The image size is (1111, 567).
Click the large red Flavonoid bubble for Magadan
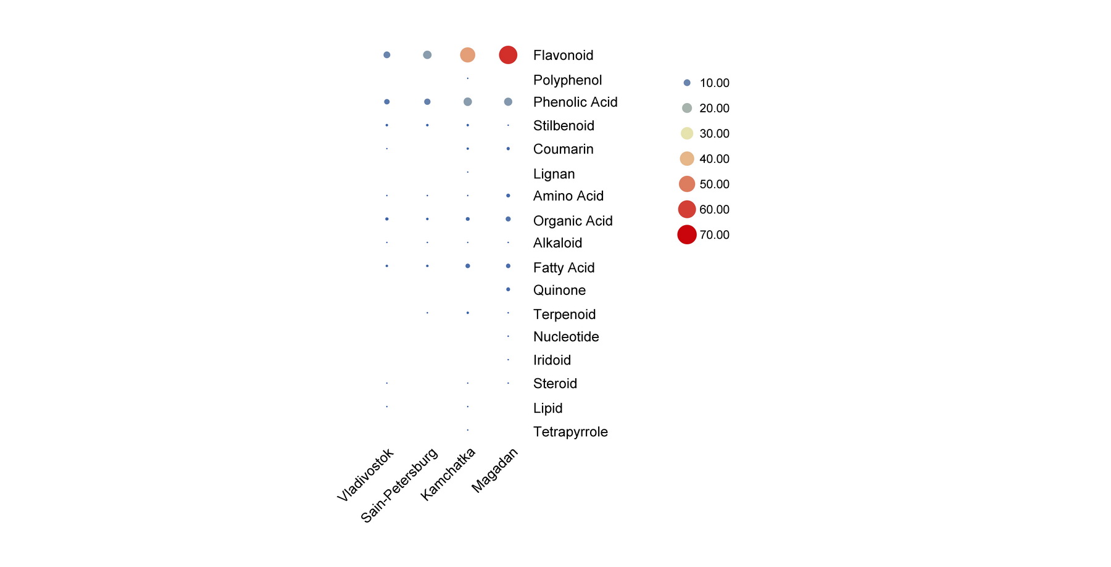[508, 55]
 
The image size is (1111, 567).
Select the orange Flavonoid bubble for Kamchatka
[468, 55]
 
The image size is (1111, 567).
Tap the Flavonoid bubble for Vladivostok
[387, 55]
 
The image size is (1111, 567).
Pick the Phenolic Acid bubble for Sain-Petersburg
[427, 102]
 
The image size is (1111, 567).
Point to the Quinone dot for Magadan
[508, 289]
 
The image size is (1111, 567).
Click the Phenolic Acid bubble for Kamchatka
[468, 102]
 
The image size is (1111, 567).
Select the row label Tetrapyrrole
[570, 432]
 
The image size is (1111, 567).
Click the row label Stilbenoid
[564, 126]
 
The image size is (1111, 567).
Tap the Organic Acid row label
[573, 221]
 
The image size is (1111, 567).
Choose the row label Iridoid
[552, 360]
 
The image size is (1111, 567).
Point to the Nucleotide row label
[566, 337]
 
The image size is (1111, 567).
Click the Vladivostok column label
[366, 474]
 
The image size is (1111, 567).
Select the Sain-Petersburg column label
[400, 485]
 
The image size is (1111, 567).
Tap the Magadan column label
[495, 470]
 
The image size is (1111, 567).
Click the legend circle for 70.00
[687, 234]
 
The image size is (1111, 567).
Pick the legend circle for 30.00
[687, 133]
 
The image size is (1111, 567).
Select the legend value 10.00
[714, 83]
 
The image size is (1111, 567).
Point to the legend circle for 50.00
[687, 184]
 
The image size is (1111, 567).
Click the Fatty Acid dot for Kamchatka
[468, 266]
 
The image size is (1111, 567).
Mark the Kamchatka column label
[449, 474]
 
